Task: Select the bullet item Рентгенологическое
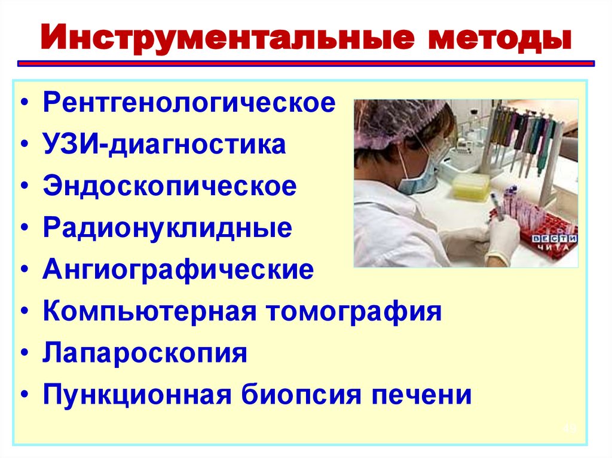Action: pyautogui.click(x=189, y=103)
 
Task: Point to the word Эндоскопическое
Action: pyautogui.click(x=170, y=186)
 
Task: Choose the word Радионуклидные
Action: pyautogui.click(x=167, y=228)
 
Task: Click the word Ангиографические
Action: pyautogui.click(x=178, y=270)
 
